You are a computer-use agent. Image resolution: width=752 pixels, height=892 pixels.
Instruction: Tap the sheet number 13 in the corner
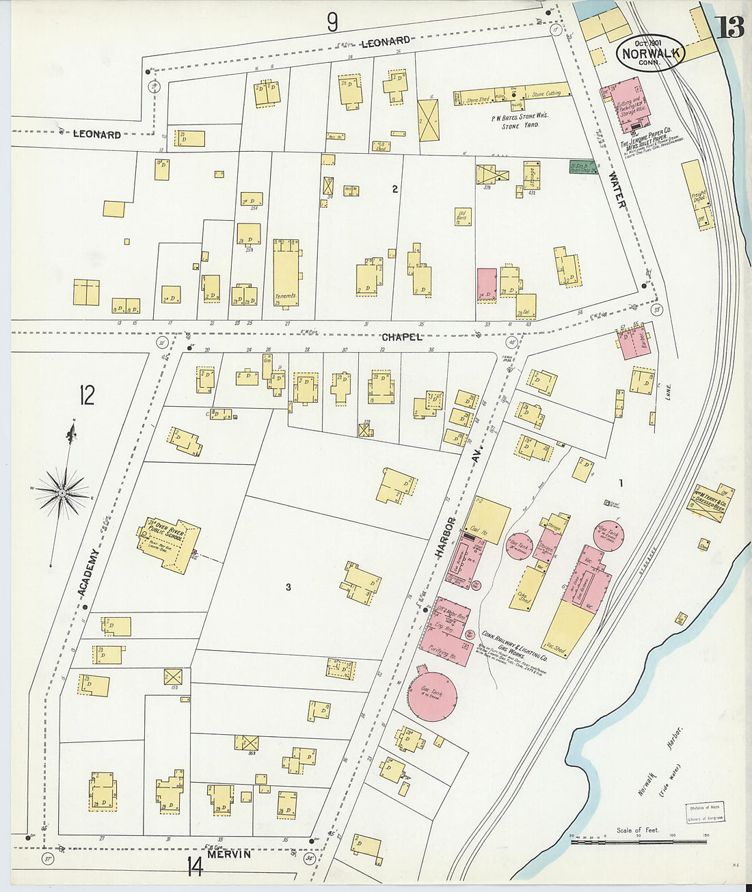(x=730, y=27)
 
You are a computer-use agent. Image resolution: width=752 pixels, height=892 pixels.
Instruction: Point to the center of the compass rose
(x=62, y=492)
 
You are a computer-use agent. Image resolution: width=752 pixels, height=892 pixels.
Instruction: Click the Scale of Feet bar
(x=639, y=842)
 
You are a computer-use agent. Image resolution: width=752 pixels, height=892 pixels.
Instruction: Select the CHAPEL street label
(x=402, y=337)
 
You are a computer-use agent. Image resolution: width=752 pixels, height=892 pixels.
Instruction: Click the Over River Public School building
(x=168, y=544)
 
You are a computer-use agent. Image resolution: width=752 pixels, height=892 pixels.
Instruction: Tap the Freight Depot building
(x=697, y=194)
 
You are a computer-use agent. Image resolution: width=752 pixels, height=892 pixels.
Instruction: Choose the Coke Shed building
(x=526, y=588)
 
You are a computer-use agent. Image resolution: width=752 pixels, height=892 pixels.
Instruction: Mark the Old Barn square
(x=463, y=217)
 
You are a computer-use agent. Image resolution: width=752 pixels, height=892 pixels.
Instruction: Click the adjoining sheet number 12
(x=87, y=396)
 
